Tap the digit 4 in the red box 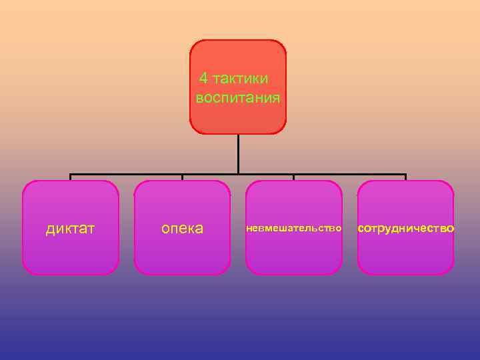pyautogui.click(x=203, y=79)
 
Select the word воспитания pyautogui.click(x=238, y=98)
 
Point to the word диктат pyautogui.click(x=70, y=229)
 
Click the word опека pyautogui.click(x=182, y=229)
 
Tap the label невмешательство pyautogui.click(x=293, y=229)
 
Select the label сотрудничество pyautogui.click(x=406, y=229)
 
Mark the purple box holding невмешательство pyautogui.click(x=293, y=257)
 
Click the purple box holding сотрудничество pyautogui.click(x=406, y=257)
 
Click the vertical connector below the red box pyautogui.click(x=238, y=153)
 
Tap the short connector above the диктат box pyautogui.click(x=70, y=178)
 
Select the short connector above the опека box pyautogui.click(x=182, y=178)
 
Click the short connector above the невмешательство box pyautogui.click(x=293, y=178)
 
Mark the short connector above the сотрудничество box pyautogui.click(x=405, y=178)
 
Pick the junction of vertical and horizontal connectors pyautogui.click(x=238, y=175)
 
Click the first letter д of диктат pyautogui.click(x=50, y=229)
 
